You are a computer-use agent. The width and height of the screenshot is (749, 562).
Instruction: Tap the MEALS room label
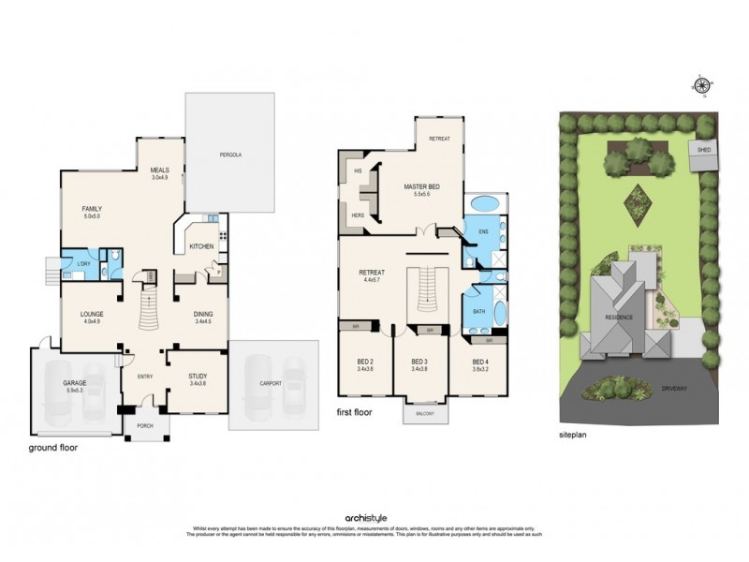point(158,171)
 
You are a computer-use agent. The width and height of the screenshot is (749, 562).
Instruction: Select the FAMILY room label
point(92,210)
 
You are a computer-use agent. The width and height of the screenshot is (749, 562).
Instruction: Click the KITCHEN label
point(201,246)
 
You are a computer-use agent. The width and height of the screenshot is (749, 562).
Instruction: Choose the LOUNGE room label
point(92,315)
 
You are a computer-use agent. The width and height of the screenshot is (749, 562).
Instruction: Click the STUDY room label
point(197,377)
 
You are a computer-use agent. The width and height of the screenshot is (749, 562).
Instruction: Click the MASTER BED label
point(420,187)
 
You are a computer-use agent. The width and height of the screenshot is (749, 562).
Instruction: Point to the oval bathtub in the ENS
point(484,203)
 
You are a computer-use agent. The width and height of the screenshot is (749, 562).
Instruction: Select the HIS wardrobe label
point(358,171)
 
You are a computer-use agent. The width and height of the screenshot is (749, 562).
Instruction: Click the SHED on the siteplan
point(701,150)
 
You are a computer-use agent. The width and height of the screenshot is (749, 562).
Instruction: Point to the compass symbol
point(701,87)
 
